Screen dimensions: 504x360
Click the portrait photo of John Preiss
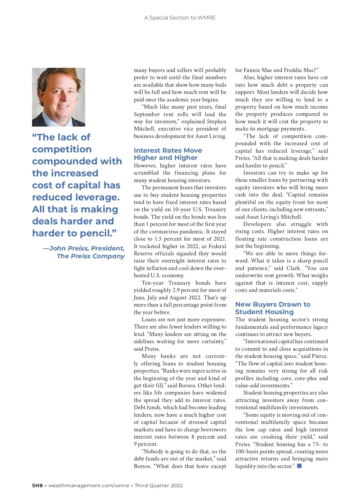[x=58, y=97]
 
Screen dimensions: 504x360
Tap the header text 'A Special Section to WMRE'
[x=180, y=18]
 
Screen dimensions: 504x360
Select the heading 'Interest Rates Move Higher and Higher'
[x=168, y=154]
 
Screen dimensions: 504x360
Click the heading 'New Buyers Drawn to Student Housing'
[x=272, y=308]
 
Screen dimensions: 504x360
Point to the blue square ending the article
[x=299, y=466]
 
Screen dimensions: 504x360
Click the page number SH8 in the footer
[x=37, y=485]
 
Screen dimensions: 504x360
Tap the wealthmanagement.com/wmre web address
[x=89, y=485]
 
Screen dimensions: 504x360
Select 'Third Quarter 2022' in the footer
[x=159, y=485]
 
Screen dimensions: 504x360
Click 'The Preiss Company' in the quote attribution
[x=91, y=256]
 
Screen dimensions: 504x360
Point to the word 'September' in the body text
[x=147, y=114]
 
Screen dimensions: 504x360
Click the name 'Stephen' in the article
[x=217, y=121]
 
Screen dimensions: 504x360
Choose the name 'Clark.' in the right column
[x=293, y=268]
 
